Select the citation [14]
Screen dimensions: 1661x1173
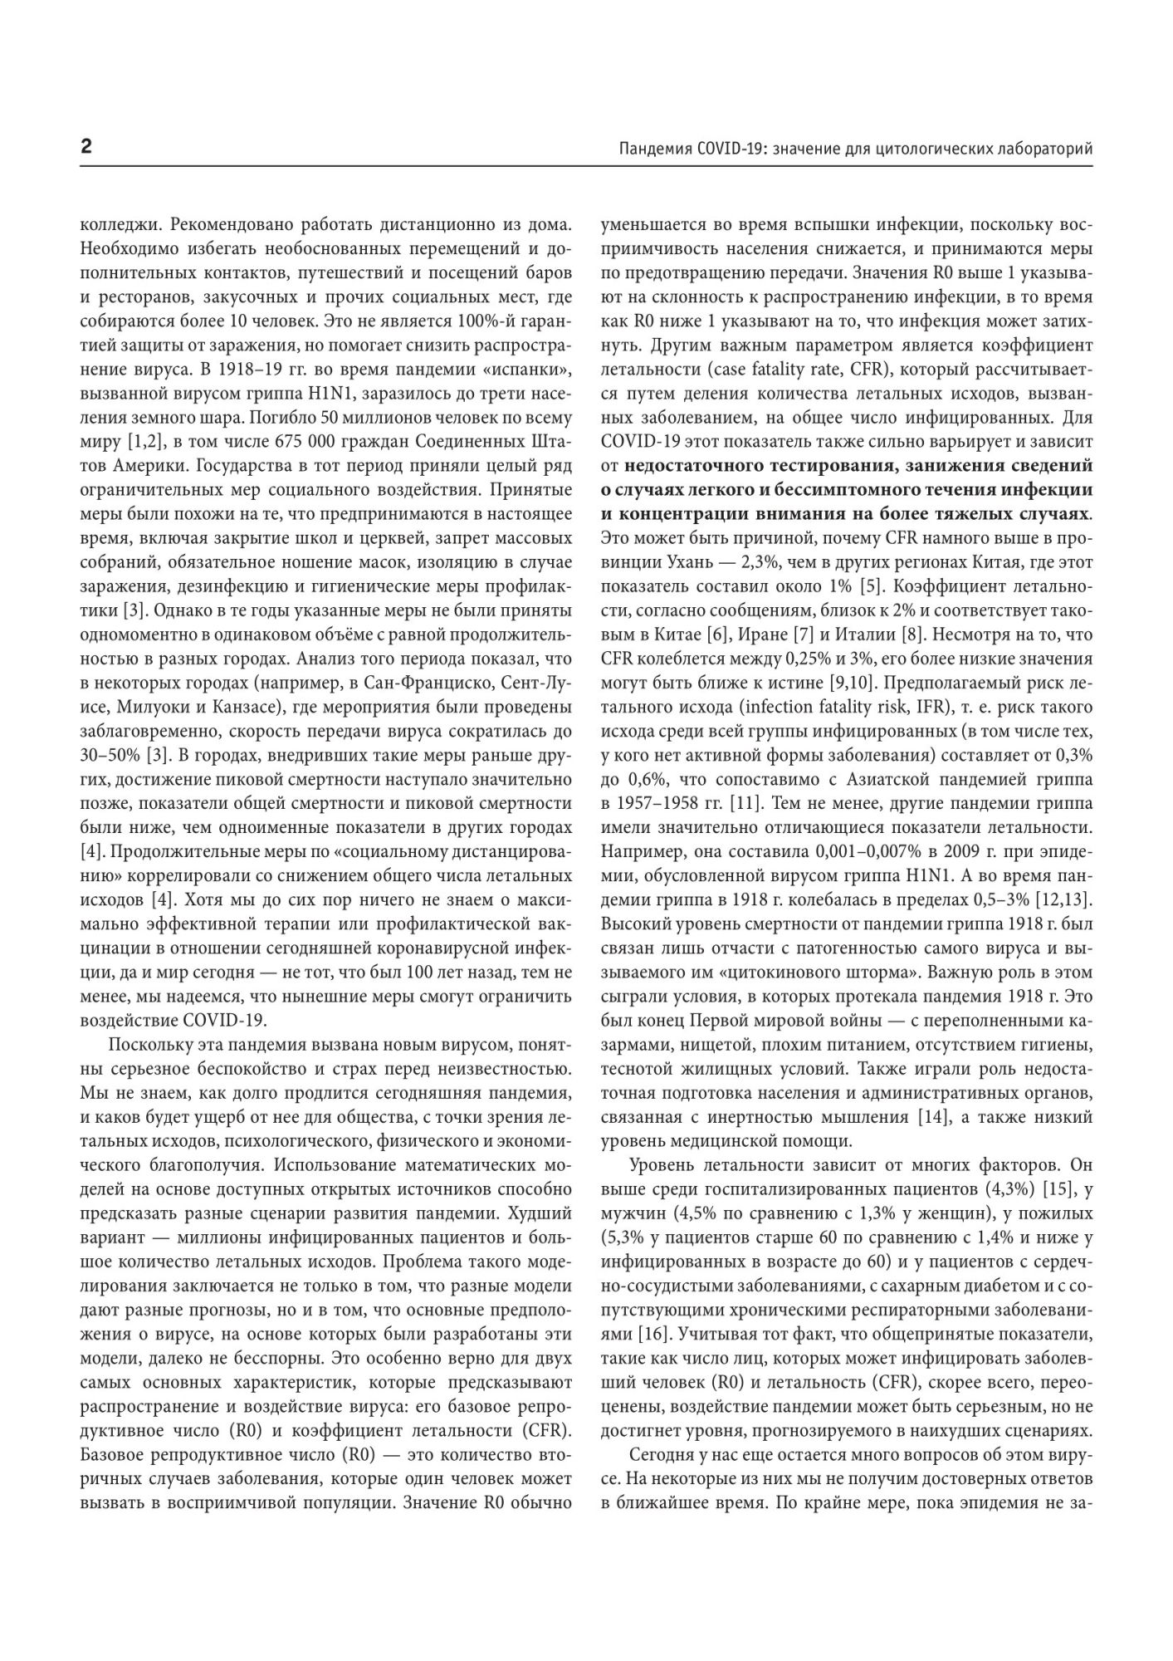point(932,1117)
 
